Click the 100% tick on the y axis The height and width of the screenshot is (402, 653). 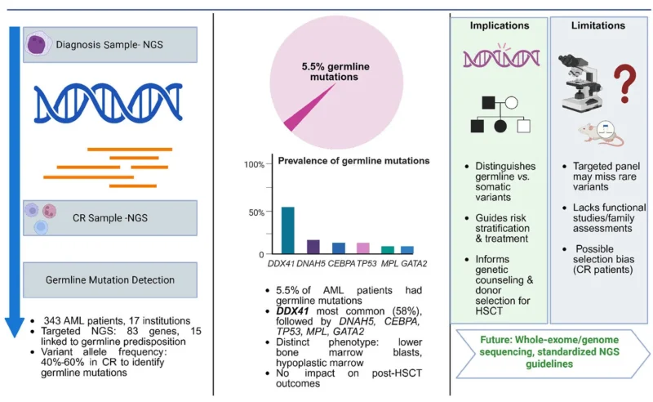pos(254,164)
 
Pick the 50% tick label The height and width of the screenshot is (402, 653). pos(256,212)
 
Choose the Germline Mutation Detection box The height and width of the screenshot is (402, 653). pos(109,280)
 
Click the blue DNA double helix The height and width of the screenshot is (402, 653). pos(109,105)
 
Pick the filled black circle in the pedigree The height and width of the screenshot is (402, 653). pos(500,126)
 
